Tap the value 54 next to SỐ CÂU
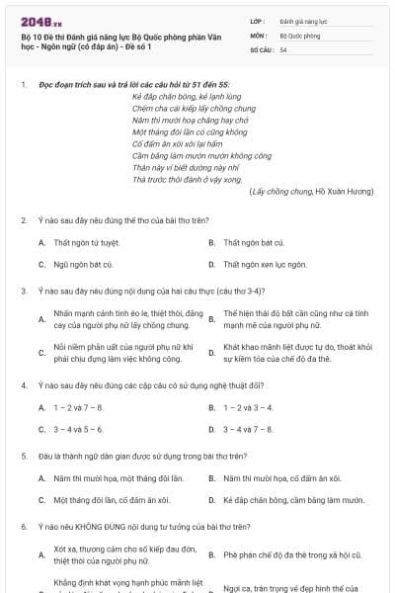283,47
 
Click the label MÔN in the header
259,33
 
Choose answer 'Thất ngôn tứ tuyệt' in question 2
86,242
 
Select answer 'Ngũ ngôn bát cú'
83,264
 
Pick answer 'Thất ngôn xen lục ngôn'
265,264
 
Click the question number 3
24,292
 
